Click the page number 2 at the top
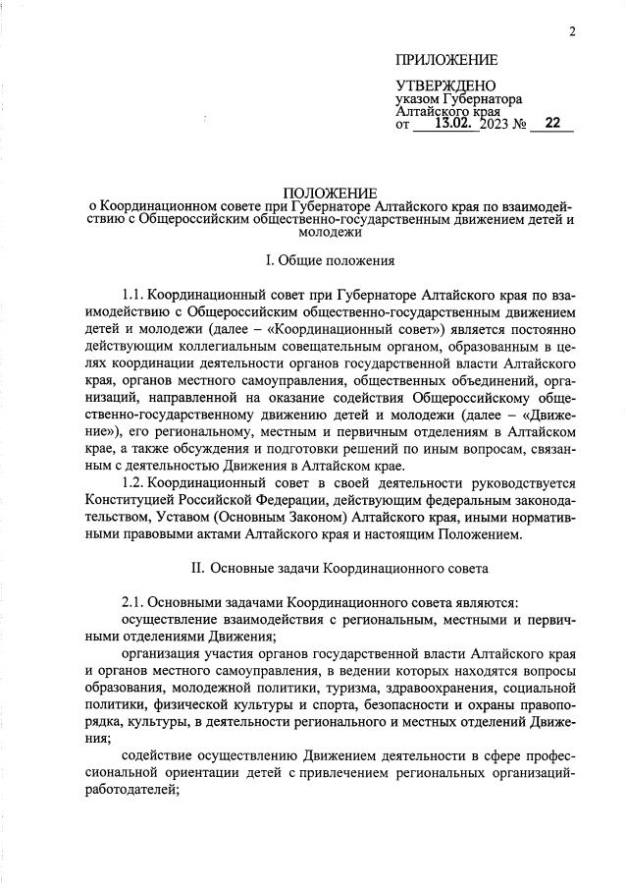[572, 31]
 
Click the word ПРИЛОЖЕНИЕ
[446, 61]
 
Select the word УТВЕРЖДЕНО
[445, 86]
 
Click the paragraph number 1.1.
[136, 294]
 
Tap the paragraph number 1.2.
[136, 483]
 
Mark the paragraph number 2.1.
[136, 601]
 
